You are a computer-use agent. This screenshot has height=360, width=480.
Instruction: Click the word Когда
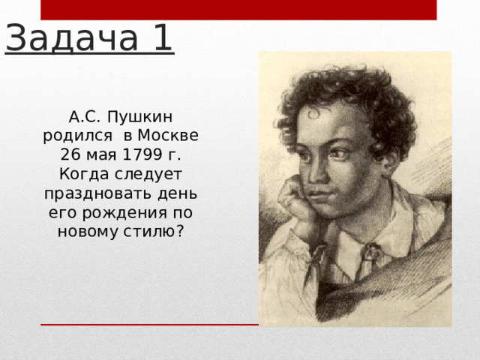(x=79, y=174)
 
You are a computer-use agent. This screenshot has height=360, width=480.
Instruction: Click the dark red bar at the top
(x=238, y=10)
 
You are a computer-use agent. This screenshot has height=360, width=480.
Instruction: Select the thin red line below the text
(x=150, y=325)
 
